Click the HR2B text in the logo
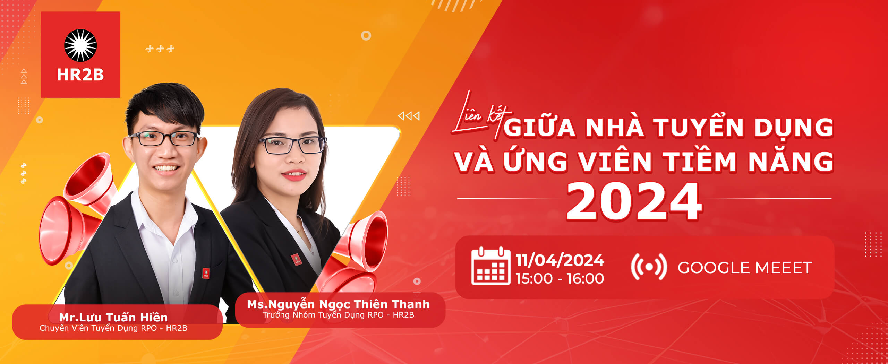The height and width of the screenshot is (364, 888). click(80, 75)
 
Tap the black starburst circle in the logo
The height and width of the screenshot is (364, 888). click(80, 45)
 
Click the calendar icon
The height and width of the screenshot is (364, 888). click(490, 266)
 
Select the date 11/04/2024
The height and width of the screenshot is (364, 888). click(560, 260)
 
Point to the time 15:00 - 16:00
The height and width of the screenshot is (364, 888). click(560, 279)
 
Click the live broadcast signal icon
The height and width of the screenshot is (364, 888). click(649, 267)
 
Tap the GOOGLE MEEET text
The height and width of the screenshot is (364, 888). click(745, 268)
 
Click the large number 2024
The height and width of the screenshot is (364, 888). click(634, 202)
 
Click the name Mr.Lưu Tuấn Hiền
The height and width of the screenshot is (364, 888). click(113, 317)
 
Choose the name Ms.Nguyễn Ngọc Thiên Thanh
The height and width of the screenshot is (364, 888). click(338, 304)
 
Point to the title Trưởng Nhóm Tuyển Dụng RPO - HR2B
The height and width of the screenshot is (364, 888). click(338, 315)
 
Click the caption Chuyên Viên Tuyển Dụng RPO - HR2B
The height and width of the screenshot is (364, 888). click(113, 328)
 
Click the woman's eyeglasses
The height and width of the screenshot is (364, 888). click(292, 145)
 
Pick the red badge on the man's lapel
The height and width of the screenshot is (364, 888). click(206, 273)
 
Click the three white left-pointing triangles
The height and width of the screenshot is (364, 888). click(409, 116)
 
